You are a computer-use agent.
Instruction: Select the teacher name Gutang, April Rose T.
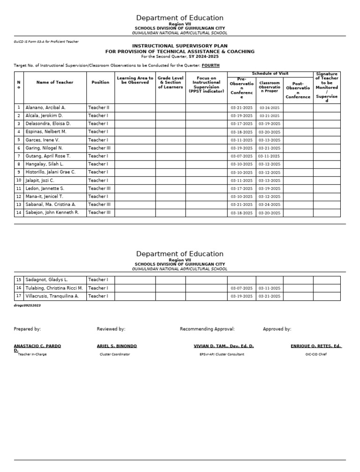click(47, 156)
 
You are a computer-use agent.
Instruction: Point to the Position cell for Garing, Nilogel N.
click(99, 148)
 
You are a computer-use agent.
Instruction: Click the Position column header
click(100, 82)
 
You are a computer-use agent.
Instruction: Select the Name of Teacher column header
click(55, 82)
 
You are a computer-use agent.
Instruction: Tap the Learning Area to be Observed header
click(135, 80)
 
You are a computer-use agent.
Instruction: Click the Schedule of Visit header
click(270, 74)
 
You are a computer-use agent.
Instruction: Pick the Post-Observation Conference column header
click(298, 90)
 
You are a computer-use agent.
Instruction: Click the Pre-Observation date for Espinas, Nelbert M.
click(241, 132)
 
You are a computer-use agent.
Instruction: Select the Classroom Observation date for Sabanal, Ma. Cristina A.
click(270, 205)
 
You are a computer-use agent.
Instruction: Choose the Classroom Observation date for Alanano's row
click(270, 108)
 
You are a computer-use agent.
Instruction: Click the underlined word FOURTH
click(210, 65)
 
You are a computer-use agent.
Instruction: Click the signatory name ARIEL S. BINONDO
click(117, 346)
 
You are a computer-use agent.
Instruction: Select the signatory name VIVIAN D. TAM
click(224, 346)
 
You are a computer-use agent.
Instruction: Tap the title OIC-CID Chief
click(315, 354)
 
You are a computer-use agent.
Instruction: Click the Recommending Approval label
click(207, 329)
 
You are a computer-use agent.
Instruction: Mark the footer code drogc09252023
click(27, 305)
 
